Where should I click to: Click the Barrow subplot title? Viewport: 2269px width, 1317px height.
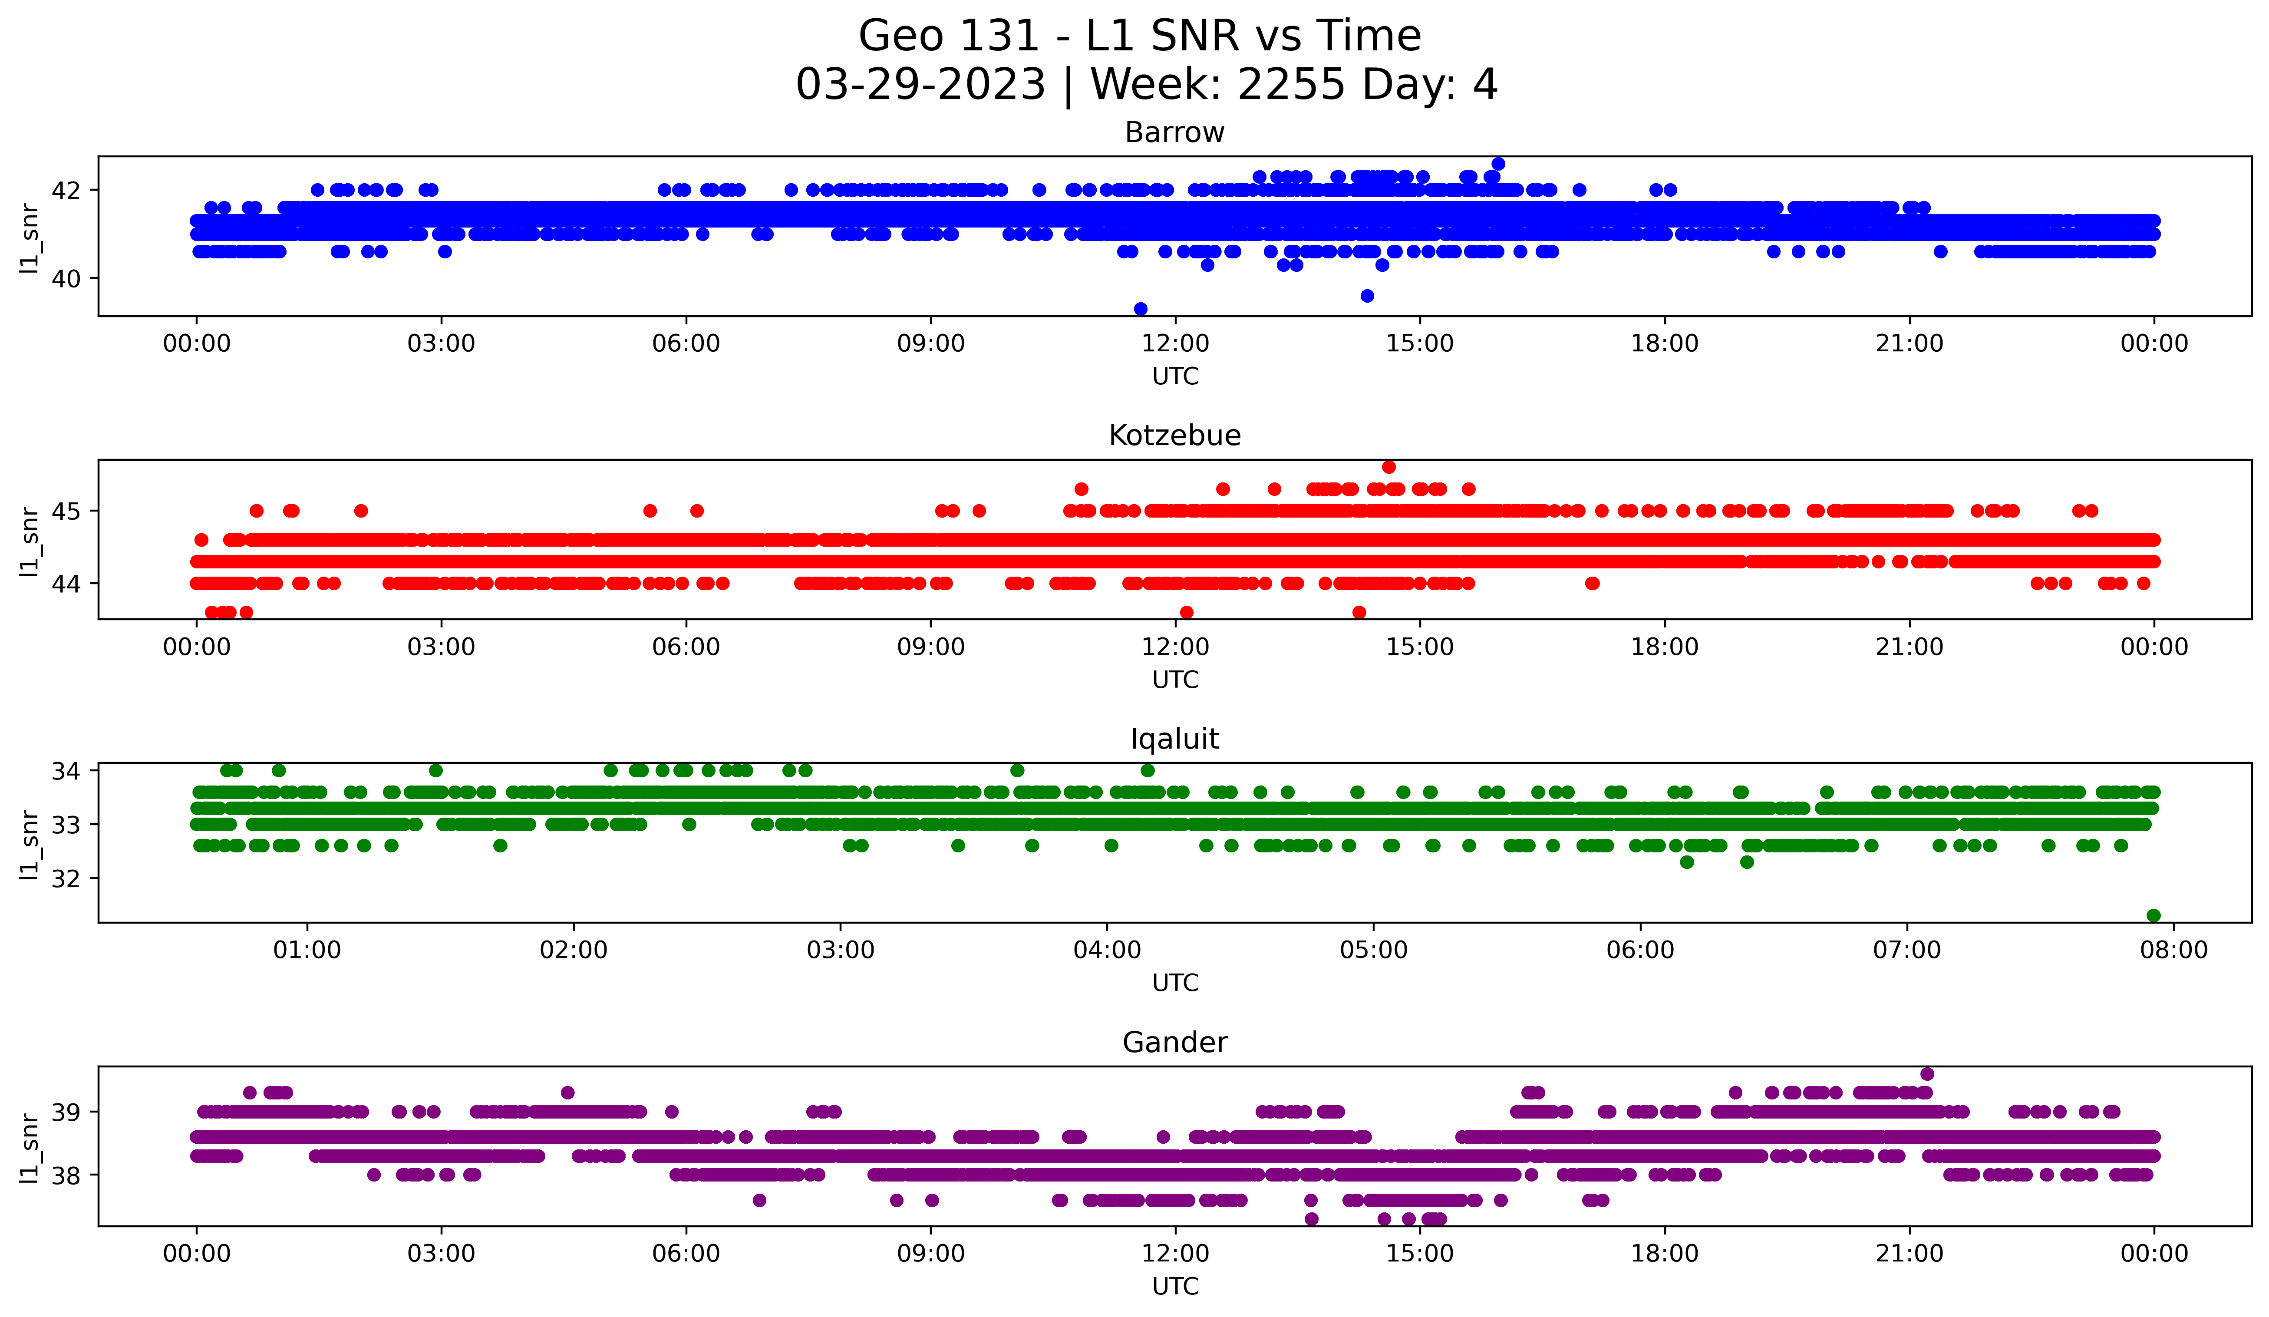point(1174,132)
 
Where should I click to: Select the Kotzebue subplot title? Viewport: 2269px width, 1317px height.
point(1174,436)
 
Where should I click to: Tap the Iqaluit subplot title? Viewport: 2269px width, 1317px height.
point(1174,739)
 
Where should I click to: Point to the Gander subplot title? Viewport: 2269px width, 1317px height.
point(1174,1043)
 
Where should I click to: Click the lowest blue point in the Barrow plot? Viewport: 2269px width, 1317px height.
point(1140,309)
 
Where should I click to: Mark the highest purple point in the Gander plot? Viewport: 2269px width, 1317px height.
point(1927,1074)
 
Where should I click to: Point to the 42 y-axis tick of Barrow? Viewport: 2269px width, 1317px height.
point(66,190)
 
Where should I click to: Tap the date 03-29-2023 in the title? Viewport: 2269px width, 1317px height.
point(920,85)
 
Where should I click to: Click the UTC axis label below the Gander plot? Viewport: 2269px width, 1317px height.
point(1174,1287)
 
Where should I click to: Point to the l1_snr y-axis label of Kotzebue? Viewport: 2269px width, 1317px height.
point(29,540)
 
